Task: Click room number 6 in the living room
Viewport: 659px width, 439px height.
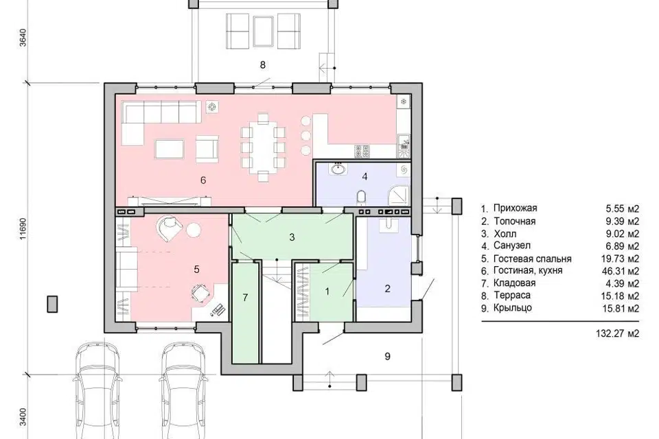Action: [203, 180]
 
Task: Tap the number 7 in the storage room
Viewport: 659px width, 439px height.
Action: [246, 298]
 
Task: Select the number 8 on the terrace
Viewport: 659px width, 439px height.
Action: [263, 64]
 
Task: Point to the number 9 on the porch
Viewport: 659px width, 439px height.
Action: [387, 356]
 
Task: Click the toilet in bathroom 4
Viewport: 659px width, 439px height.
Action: [361, 196]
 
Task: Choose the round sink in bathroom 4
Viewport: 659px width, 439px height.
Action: [337, 169]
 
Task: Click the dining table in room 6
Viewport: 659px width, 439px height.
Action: [263, 147]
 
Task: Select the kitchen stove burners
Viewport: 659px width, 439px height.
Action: [362, 151]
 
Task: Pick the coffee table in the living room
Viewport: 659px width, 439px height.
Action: [170, 149]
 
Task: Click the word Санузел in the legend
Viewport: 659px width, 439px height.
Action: [512, 246]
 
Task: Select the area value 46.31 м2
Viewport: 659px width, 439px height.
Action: [620, 271]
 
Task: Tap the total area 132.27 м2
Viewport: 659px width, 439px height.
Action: [617, 333]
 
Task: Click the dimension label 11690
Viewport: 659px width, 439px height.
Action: [23, 229]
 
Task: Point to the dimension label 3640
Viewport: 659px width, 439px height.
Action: [23, 38]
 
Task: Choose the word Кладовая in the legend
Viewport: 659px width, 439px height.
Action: [514, 283]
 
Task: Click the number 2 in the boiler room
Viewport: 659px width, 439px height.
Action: [387, 288]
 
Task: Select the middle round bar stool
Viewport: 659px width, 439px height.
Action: [306, 136]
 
